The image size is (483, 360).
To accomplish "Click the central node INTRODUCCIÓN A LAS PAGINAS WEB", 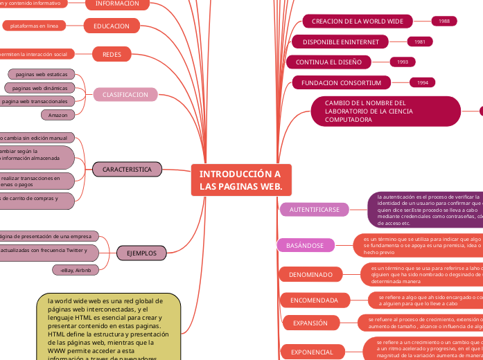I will click(x=240, y=180).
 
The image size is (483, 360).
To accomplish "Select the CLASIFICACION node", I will click(x=125, y=95).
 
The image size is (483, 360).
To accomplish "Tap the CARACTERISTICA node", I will click(x=127, y=169).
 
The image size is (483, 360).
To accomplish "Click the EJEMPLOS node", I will click(x=141, y=253).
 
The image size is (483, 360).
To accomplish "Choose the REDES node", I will click(x=112, y=54).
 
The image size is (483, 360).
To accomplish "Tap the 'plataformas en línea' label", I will click(x=34, y=26).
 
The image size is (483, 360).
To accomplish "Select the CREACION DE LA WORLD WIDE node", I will click(x=357, y=21).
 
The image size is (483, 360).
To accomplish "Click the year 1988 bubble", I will click(x=444, y=21).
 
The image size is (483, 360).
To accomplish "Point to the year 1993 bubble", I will click(x=402, y=62).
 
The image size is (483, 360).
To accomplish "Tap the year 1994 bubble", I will click(x=422, y=83).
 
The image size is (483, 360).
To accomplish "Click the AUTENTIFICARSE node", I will click(x=314, y=209).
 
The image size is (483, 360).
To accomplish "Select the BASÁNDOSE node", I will click(x=305, y=245).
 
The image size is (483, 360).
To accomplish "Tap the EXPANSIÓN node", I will click(x=310, y=323).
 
